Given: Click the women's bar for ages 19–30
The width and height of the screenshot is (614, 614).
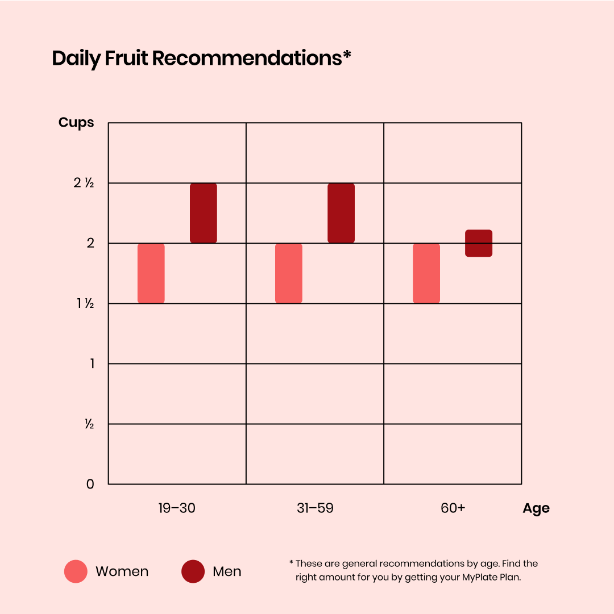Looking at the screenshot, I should click(151, 273).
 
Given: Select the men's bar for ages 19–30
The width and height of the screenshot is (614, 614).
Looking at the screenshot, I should click(204, 213).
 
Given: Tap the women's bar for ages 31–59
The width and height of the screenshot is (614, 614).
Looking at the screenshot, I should click(289, 273).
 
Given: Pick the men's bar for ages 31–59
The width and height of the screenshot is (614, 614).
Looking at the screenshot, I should click(341, 213).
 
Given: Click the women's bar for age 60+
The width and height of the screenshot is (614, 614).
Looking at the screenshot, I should click(426, 273).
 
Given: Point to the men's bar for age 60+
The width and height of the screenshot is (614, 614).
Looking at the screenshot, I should click(479, 243).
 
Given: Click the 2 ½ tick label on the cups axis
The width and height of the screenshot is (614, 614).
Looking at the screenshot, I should click(83, 183).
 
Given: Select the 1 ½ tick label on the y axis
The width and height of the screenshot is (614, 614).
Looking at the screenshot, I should click(85, 304).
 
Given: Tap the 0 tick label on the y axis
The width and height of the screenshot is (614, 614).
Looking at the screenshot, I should click(90, 484).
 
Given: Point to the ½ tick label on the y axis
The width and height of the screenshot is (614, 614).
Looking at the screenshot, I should click(89, 424).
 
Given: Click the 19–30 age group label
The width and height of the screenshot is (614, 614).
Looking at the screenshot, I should click(177, 508).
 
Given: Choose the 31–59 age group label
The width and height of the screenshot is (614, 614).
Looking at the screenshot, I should click(315, 508).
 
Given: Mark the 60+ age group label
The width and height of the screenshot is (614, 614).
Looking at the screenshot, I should click(453, 508).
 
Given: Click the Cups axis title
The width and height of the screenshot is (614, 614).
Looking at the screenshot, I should click(76, 123).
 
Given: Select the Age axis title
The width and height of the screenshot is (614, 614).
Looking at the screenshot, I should click(536, 508).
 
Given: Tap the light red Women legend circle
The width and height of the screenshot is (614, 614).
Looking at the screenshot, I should click(76, 571).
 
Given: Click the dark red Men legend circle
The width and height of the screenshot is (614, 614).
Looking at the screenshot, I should click(193, 571).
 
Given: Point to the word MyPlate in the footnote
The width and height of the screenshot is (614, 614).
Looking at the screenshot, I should click(477, 578).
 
